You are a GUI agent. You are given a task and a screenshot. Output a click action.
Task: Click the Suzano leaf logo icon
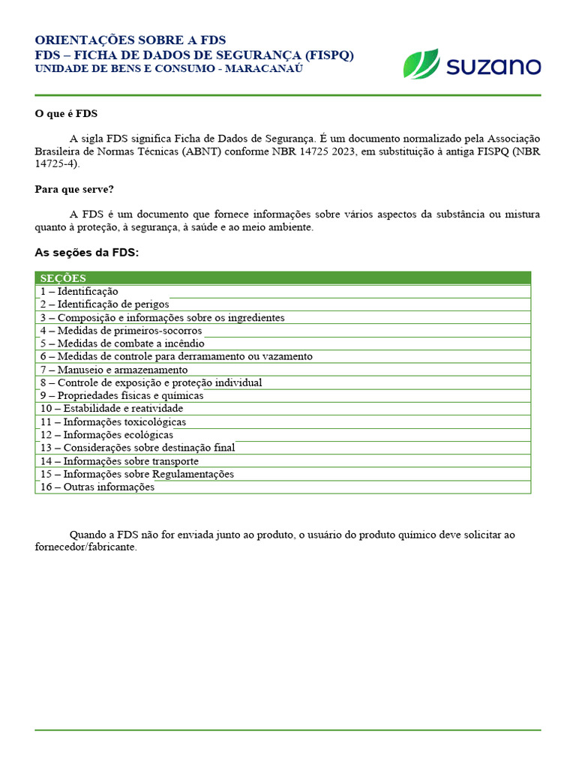(x=421, y=64)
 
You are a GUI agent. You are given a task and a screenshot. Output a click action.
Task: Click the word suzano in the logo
(x=493, y=66)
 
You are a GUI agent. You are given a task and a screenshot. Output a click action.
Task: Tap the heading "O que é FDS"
(x=66, y=114)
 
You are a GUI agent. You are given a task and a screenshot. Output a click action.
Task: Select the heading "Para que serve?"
(x=74, y=189)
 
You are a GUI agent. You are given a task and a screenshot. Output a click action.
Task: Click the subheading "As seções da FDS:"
(x=87, y=253)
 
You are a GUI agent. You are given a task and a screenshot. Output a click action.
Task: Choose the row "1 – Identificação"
(x=79, y=291)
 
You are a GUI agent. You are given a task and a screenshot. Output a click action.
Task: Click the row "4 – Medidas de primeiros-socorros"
(x=121, y=330)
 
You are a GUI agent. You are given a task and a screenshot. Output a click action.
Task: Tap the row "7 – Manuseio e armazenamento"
(x=114, y=370)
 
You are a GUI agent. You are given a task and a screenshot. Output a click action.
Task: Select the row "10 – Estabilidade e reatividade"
(x=112, y=409)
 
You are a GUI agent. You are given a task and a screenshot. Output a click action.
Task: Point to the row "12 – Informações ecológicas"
(x=106, y=435)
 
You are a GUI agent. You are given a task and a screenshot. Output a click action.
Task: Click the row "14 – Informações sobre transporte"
(x=119, y=461)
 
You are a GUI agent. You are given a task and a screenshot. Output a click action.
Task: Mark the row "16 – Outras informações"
(x=97, y=487)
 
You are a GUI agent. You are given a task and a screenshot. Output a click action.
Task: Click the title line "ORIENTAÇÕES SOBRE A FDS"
(x=130, y=40)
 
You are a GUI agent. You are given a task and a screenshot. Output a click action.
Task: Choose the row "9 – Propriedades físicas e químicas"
(x=121, y=396)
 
